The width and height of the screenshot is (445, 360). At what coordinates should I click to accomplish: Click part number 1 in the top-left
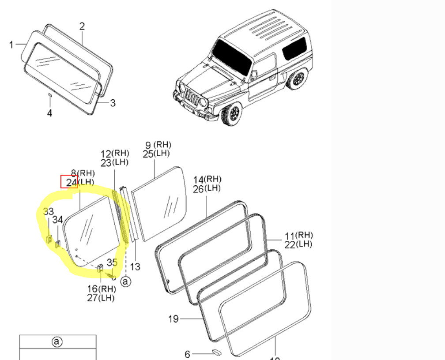[11, 44]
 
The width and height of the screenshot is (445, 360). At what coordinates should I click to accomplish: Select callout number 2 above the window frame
[82, 26]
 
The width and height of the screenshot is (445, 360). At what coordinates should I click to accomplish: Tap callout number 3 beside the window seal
[113, 103]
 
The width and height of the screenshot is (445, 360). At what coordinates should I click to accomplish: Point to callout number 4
[49, 113]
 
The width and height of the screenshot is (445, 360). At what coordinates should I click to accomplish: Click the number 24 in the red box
[69, 181]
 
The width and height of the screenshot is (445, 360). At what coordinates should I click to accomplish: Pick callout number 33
[49, 212]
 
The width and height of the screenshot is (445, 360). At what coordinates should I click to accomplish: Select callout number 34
[58, 219]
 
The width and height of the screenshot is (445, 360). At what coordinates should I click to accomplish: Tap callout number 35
[112, 262]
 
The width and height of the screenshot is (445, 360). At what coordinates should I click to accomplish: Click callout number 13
[135, 266]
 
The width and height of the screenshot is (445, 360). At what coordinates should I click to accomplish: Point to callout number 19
[173, 318]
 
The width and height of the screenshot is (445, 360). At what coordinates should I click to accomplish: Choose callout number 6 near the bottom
[188, 354]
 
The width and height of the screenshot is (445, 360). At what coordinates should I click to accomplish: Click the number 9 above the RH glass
[148, 145]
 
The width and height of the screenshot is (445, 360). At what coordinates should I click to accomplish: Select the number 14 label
[198, 180]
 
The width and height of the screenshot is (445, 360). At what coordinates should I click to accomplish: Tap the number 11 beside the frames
[290, 236]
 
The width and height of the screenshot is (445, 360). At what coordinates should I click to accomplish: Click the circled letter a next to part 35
[126, 281]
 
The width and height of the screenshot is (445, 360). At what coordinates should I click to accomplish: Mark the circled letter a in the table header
[57, 341]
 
